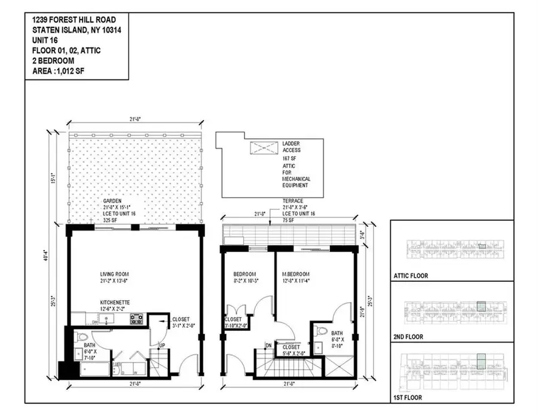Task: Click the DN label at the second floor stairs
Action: [x=269, y=345]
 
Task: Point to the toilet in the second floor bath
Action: [x=321, y=331]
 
